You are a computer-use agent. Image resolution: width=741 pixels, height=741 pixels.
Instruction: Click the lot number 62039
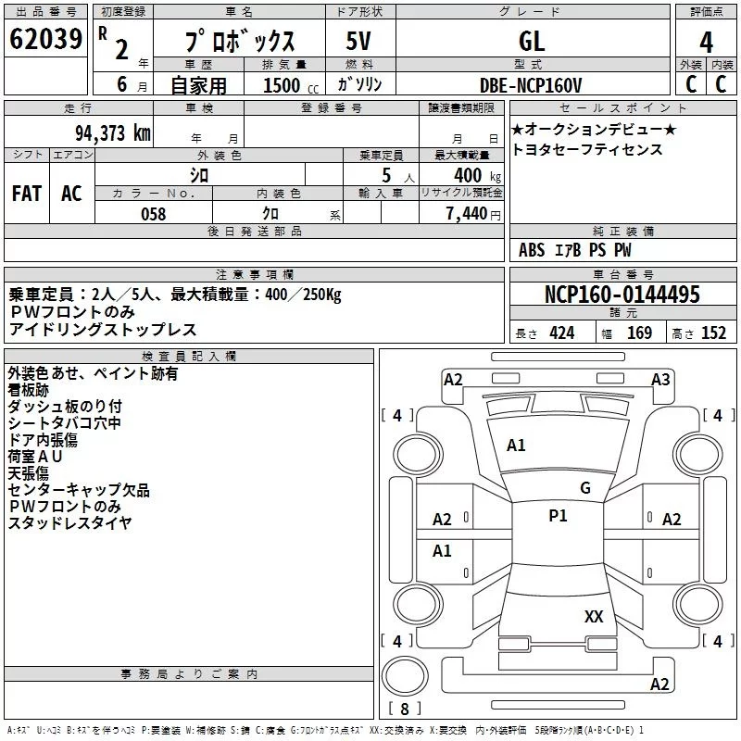(x=45, y=39)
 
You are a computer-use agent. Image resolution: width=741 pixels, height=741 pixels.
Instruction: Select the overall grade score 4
(x=706, y=43)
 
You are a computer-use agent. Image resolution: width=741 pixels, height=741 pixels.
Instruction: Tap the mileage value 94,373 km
(x=113, y=133)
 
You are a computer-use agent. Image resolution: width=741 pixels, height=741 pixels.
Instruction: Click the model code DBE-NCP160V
(x=530, y=85)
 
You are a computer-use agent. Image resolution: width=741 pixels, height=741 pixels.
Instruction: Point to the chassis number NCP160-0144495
(x=622, y=294)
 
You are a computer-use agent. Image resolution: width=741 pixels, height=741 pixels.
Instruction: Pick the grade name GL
(x=532, y=41)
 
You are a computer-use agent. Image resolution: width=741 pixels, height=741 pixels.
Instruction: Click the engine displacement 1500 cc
(x=291, y=85)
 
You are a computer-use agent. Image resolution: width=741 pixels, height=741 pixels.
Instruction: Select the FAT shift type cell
(x=27, y=194)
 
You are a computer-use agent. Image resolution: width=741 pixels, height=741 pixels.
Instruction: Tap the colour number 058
(x=154, y=214)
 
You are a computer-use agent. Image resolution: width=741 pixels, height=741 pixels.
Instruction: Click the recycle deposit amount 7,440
(x=467, y=214)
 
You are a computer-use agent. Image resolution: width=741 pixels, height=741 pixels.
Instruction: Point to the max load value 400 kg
(x=477, y=175)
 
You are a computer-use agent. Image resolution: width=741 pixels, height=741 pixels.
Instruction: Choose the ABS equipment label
(x=532, y=250)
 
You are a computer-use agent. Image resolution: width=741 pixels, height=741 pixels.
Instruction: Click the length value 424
(x=562, y=333)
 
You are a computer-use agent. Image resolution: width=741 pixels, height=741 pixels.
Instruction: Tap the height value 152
(x=713, y=333)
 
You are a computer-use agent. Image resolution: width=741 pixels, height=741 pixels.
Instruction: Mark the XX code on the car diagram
(x=594, y=617)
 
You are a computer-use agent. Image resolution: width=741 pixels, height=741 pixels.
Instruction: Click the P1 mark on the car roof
(x=558, y=516)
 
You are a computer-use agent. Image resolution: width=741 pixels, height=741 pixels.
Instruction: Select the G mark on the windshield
(x=585, y=488)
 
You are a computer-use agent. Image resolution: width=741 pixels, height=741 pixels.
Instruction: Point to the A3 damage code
(x=660, y=380)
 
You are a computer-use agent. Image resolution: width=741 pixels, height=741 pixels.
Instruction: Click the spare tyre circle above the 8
(x=405, y=676)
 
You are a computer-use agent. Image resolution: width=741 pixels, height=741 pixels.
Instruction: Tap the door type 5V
(x=358, y=41)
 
